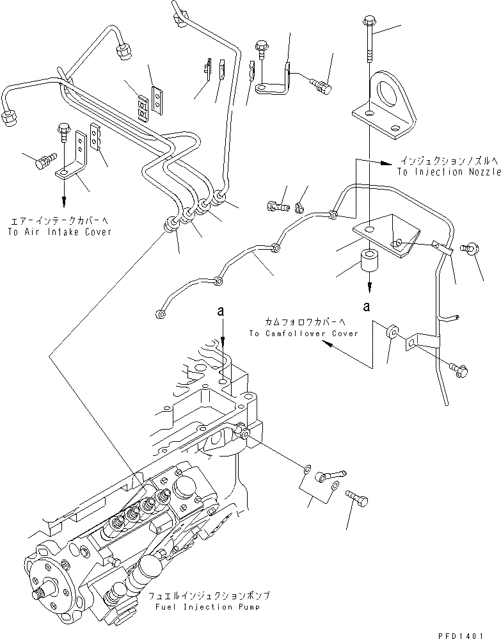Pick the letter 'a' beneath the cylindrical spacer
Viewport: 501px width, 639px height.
(367, 305)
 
